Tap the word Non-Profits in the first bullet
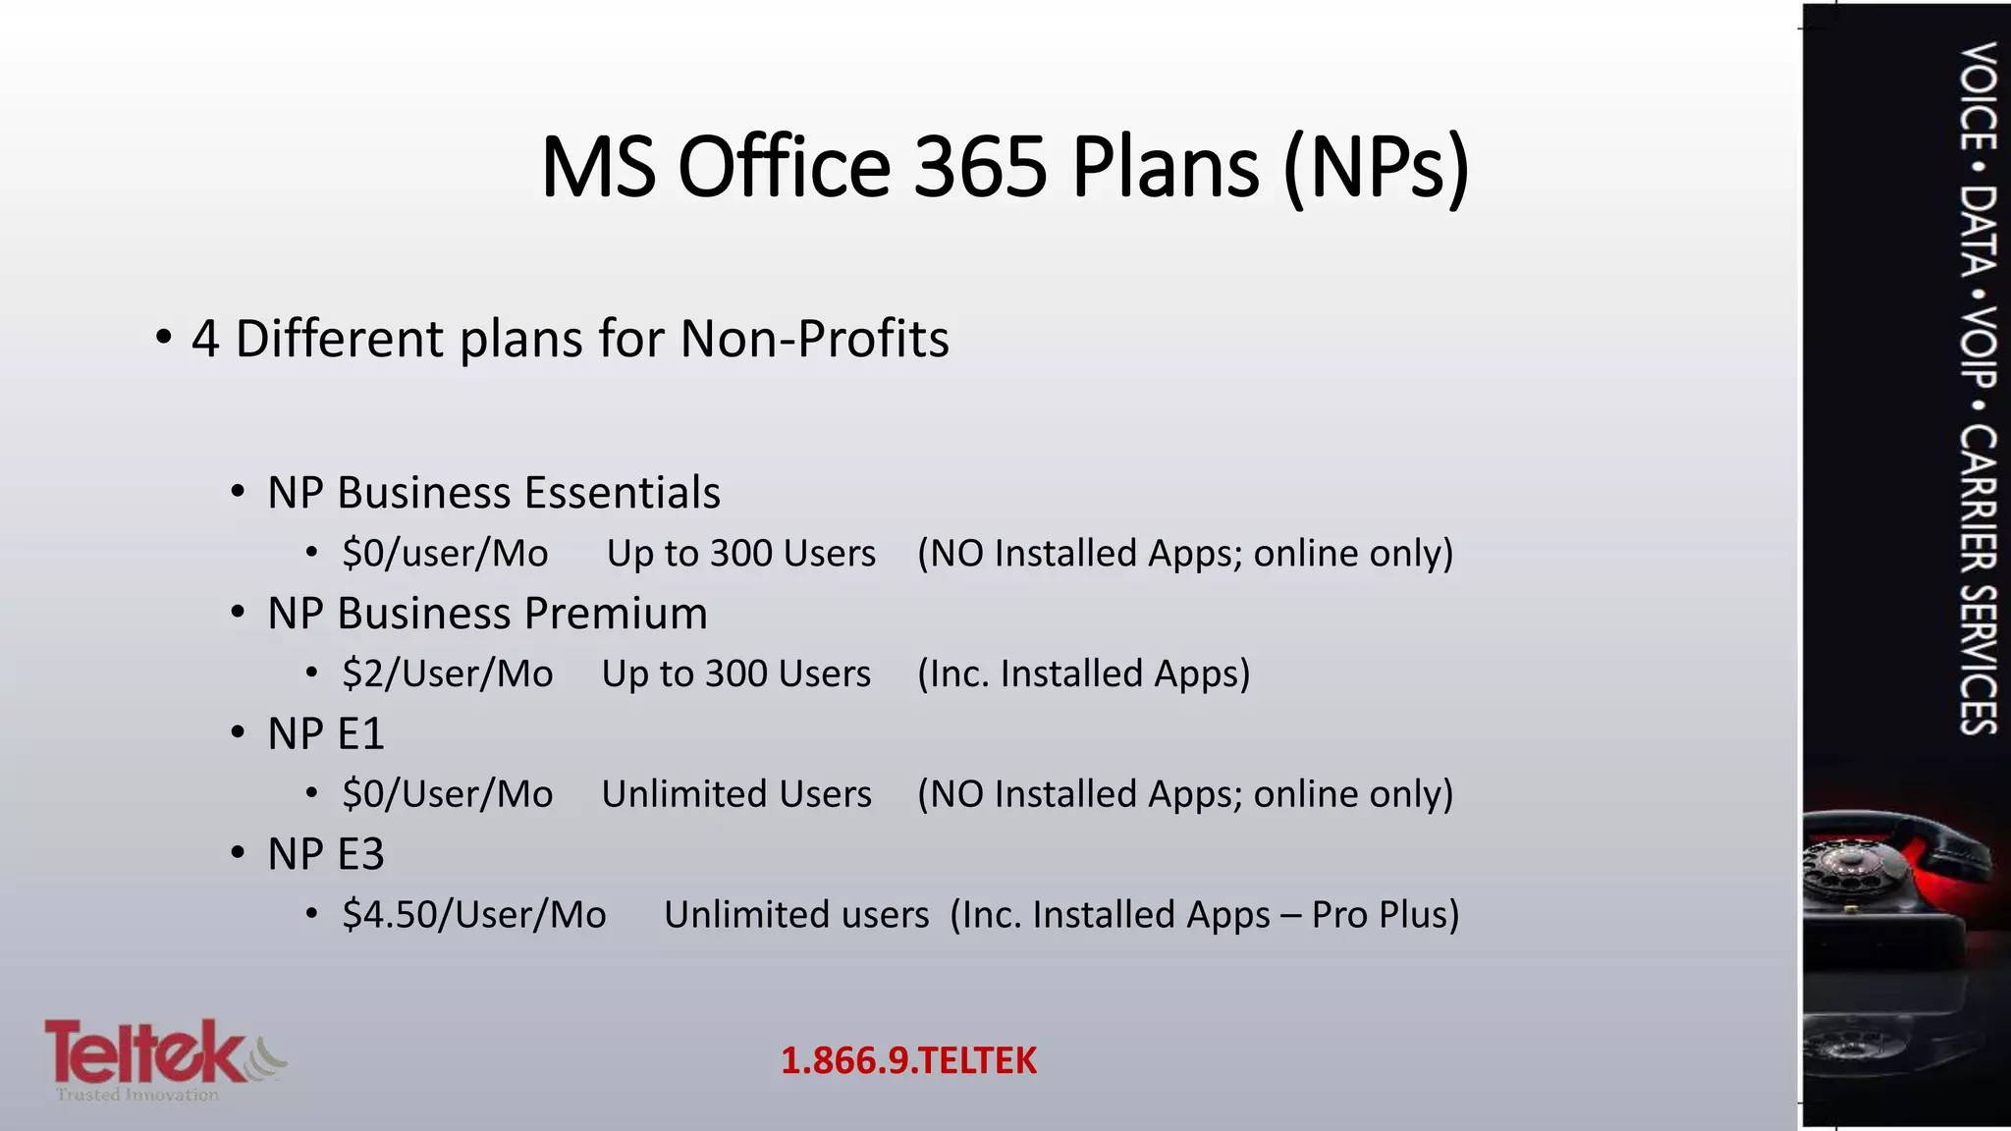coord(814,339)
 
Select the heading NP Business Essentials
coord(493,493)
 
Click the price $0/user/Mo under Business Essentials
coord(445,554)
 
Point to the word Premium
coord(616,614)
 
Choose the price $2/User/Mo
coord(447,674)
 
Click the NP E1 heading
coord(325,734)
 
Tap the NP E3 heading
coord(325,854)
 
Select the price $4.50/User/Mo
coord(473,915)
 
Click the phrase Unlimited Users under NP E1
coord(736,794)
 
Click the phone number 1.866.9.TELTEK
coord(908,1061)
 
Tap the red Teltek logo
coord(147,1051)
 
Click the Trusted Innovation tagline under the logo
coord(137,1095)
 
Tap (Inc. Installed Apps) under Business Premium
coord(1083,674)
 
